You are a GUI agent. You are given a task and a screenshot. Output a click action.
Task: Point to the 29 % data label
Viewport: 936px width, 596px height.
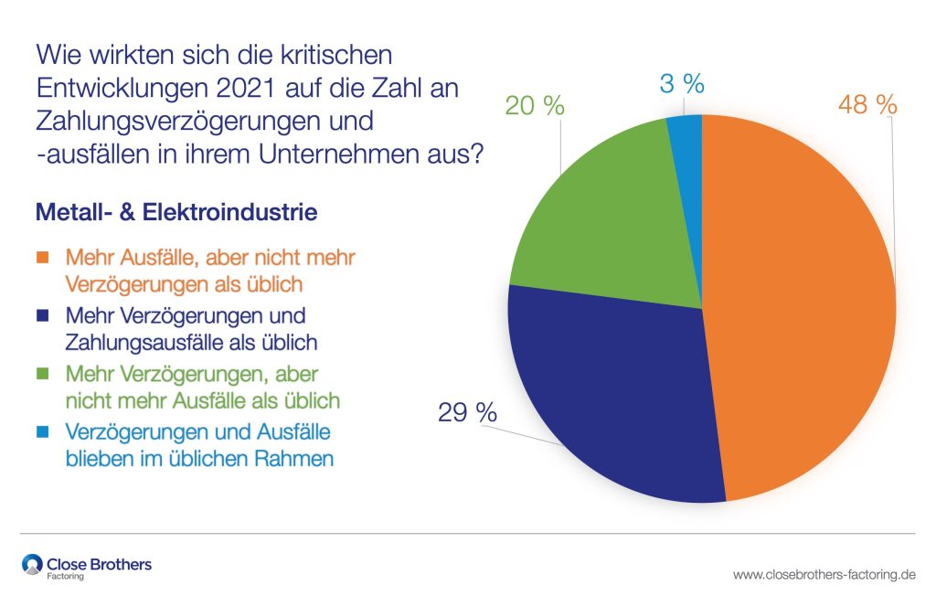(469, 412)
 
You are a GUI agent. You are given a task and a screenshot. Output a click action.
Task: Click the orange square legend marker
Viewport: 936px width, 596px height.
(43, 259)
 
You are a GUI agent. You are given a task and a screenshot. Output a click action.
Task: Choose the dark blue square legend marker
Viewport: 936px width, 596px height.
(43, 316)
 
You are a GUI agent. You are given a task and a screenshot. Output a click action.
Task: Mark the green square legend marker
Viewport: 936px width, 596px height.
(43, 374)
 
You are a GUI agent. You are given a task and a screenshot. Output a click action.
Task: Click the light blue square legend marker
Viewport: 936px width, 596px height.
(43, 431)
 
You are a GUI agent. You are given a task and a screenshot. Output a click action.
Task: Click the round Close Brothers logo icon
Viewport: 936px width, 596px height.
(32, 565)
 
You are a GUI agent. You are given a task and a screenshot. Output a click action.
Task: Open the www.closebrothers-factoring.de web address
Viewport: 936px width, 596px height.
(824, 575)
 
